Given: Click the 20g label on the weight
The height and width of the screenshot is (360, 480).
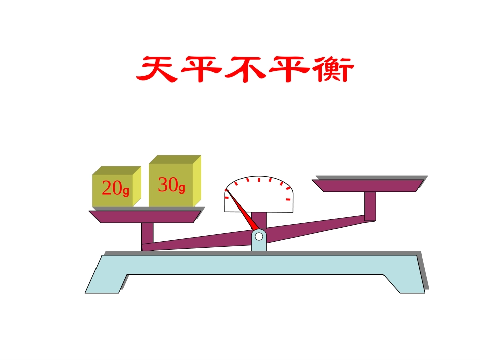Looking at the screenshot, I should [x=115, y=188].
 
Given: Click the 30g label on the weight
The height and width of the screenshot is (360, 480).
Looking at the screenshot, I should [x=171, y=185].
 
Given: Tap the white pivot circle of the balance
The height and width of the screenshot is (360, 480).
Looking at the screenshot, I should [x=259, y=236].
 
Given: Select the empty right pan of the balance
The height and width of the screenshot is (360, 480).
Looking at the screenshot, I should [x=367, y=185].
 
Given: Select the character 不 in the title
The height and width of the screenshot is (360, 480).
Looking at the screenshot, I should [x=244, y=70].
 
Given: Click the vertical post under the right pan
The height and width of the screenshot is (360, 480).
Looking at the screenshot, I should [x=370, y=206].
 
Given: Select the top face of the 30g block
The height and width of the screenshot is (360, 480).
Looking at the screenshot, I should [x=174, y=159].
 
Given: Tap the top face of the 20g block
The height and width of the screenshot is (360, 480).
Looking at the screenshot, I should [x=116, y=171].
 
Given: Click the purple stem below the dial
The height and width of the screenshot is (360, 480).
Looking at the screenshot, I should [x=259, y=220].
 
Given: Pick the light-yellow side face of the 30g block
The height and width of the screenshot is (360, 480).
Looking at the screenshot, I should [x=197, y=180].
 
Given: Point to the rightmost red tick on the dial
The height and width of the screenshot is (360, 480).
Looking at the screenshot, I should [x=288, y=200].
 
